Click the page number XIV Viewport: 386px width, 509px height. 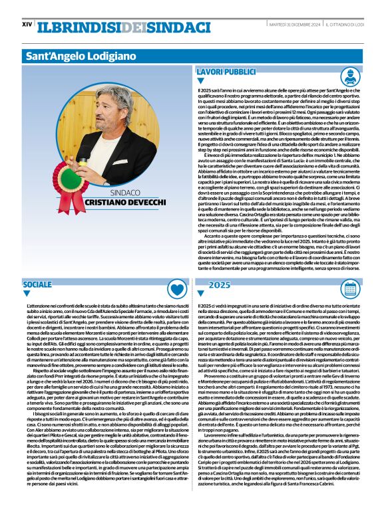27,25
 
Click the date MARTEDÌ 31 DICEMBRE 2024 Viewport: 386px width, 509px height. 294,25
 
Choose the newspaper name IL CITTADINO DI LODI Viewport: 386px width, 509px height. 343,25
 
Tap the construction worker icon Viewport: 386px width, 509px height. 349,76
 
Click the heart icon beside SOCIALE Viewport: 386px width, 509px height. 176,289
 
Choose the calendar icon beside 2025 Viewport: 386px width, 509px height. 349,289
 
